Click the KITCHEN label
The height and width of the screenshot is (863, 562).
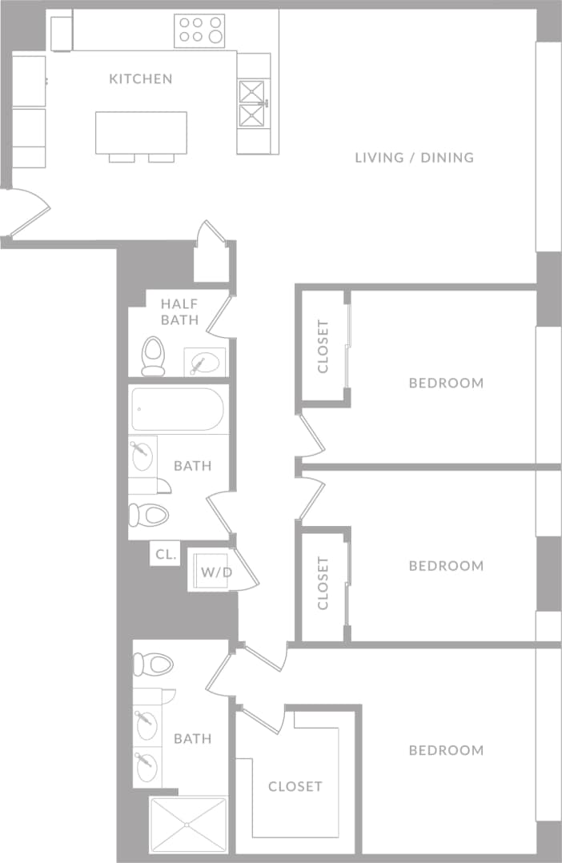pos(141,78)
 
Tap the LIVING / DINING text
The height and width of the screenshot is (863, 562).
pos(414,157)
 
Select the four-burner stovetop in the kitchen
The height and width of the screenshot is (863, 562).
pos(199,30)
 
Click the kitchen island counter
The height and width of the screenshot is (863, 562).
pos(141,132)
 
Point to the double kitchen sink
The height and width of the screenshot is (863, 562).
pos(254,104)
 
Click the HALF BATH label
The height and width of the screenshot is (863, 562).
pos(179,311)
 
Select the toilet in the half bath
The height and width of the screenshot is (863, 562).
pos(153,355)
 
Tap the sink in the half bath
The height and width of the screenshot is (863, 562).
pos(205,362)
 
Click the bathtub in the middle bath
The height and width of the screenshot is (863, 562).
pos(178,409)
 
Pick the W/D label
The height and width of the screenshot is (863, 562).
pos(216,572)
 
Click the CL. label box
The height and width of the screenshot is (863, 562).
pos(166,554)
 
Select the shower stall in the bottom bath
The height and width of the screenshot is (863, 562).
pos(189,824)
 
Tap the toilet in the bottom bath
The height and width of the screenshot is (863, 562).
pos(154,664)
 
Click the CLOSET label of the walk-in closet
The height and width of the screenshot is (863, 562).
pos(295,786)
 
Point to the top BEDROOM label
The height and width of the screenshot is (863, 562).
pos(446,383)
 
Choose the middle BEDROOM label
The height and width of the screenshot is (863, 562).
pos(446,566)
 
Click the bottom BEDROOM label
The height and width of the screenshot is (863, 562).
pos(446,750)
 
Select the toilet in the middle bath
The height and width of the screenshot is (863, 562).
pos(150,515)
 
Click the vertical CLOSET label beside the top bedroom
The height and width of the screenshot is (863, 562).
pos(323,347)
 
